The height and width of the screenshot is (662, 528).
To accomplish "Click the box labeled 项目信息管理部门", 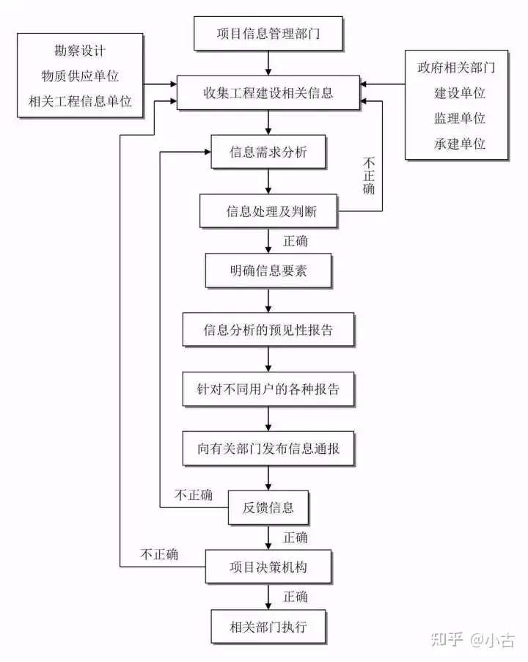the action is click(x=268, y=33).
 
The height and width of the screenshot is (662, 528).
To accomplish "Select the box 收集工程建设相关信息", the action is click(x=268, y=93).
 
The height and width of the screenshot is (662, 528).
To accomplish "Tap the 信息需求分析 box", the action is click(x=268, y=152).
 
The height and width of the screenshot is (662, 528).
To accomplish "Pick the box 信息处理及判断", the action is click(x=268, y=211).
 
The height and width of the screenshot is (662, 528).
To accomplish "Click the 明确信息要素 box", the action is click(x=268, y=271).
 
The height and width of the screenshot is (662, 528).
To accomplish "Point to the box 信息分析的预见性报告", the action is click(x=268, y=330).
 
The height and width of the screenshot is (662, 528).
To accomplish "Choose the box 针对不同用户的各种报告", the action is click(x=268, y=389).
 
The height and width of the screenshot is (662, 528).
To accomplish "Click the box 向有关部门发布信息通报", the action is click(x=268, y=449).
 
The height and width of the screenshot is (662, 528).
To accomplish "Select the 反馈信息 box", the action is click(x=268, y=507).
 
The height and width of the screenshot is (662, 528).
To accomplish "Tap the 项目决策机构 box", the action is click(x=268, y=567).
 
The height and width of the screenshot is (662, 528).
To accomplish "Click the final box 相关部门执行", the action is click(x=268, y=627).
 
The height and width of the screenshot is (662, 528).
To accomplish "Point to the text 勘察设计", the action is click(x=80, y=51).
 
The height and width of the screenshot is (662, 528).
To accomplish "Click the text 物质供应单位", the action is click(x=80, y=76).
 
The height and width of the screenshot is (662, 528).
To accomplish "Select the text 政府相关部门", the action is click(x=456, y=67).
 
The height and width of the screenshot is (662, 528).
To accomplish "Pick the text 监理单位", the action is click(x=460, y=118).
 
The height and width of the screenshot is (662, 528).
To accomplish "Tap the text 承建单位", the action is click(x=460, y=144).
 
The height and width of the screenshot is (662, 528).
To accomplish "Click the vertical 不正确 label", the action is click(x=369, y=176).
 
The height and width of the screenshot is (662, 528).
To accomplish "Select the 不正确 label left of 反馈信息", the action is click(x=194, y=495).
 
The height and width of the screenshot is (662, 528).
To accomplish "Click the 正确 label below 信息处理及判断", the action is click(x=296, y=241).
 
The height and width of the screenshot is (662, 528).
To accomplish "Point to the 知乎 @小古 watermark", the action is click(x=473, y=639).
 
